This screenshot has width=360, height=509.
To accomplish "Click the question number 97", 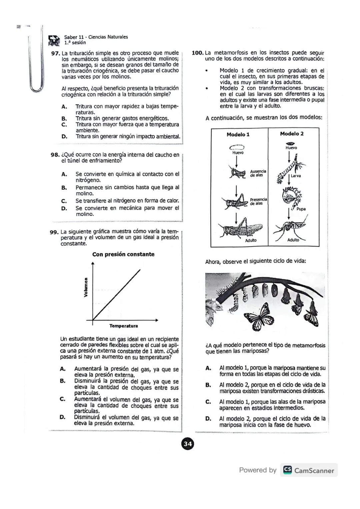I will [55, 53].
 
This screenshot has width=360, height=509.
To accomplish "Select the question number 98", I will [55, 155].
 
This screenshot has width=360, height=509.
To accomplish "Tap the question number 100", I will [198, 53].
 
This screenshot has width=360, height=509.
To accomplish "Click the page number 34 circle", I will [188, 444].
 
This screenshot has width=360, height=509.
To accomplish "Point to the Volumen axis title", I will [86, 287].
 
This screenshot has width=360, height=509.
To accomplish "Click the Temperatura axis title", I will [123, 326].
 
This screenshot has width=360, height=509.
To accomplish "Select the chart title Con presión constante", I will [123, 254].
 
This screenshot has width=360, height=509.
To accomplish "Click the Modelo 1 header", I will [238, 134].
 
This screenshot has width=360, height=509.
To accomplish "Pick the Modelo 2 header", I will [292, 134].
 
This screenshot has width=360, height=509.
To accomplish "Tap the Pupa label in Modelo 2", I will [301, 209].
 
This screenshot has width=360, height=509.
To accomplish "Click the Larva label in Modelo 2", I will [296, 176].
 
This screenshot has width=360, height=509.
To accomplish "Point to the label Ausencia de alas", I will [258, 173].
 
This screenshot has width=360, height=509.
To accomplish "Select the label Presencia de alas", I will [258, 201].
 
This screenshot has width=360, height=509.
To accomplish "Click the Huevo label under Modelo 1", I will [238, 153].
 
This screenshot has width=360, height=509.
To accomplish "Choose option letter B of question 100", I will [208, 385].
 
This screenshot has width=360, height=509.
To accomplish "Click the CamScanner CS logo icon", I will [287, 470].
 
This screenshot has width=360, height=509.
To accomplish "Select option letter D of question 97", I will [64, 136].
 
